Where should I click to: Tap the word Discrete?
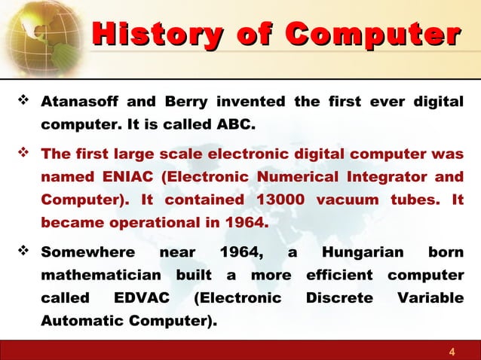point(339,297)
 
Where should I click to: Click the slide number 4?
point(452,351)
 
